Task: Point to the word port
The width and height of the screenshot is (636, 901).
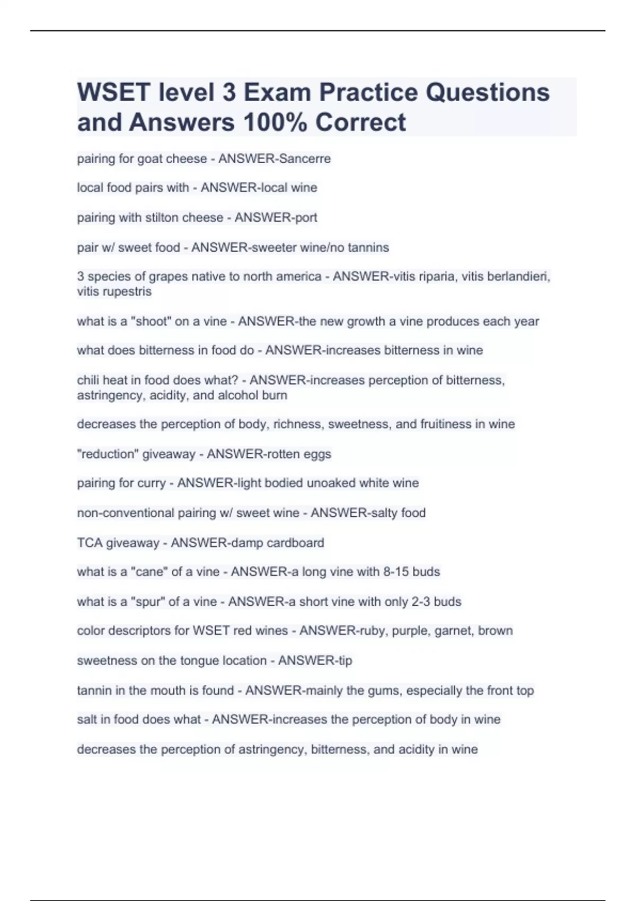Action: click(306, 217)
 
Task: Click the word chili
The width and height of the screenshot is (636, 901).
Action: click(88, 380)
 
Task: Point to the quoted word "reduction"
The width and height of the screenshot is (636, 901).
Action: click(108, 454)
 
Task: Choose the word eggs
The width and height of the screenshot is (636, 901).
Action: click(317, 454)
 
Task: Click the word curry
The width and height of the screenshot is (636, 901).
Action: click(153, 483)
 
